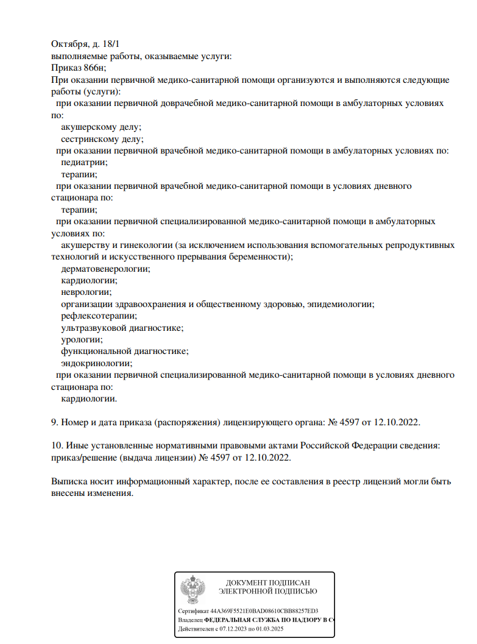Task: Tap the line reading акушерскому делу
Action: point(101,127)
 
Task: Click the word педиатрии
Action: point(84,162)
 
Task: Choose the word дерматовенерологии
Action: point(105,269)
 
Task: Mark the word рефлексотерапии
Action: point(99,316)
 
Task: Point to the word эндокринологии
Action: point(96,363)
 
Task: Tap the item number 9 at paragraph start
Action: point(54,422)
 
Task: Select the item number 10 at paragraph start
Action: point(57,446)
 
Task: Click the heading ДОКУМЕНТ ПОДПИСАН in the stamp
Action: point(267,583)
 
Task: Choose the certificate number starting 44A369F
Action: point(264,610)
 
